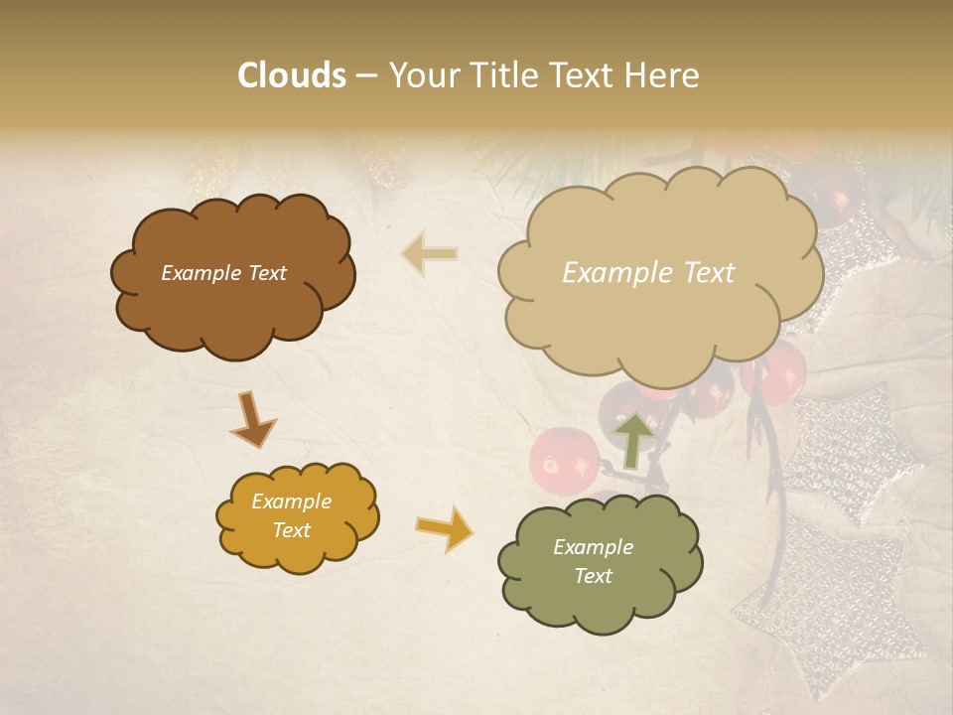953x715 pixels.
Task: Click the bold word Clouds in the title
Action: (x=292, y=75)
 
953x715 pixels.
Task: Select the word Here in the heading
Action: (x=662, y=75)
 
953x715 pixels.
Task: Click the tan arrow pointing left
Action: (x=429, y=254)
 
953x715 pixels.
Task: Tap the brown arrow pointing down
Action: (x=253, y=419)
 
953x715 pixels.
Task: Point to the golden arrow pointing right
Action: (x=445, y=528)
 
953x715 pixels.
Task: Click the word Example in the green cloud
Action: (x=593, y=547)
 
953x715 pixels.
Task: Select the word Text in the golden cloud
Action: (x=291, y=530)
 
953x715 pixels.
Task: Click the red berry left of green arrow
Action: (x=563, y=460)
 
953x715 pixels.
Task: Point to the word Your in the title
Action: (x=423, y=75)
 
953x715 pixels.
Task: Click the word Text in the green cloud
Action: (x=593, y=576)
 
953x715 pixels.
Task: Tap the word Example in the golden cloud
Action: (x=291, y=501)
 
